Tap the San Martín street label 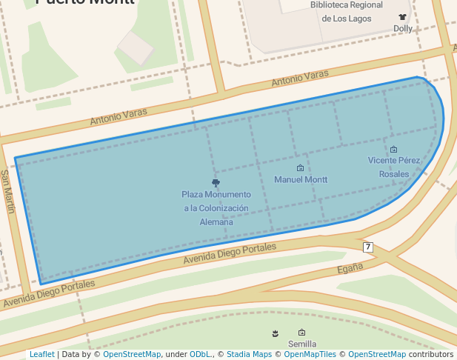(x=7, y=191)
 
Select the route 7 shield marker (x=367, y=247)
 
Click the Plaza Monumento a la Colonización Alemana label (x=216, y=208)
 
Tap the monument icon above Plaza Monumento (x=216, y=182)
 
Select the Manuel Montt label (x=301, y=180)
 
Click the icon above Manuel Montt (x=300, y=168)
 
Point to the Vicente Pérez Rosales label (x=393, y=167)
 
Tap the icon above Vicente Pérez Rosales (x=393, y=150)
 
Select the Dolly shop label (x=403, y=29)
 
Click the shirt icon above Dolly (x=402, y=16)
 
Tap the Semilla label (x=302, y=344)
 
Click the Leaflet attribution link (x=41, y=355)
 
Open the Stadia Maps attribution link (x=249, y=355)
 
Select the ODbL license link (x=200, y=355)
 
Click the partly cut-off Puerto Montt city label (x=85, y=3)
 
